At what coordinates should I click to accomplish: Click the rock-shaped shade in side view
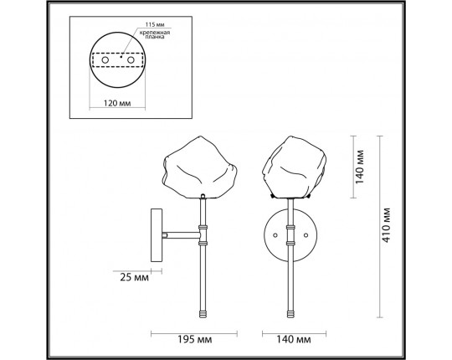(201, 167)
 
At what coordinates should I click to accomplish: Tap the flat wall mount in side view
(155, 235)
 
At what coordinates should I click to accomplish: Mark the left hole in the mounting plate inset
(105, 60)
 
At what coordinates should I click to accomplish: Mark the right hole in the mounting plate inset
(131, 60)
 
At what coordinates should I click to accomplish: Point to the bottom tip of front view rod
(292, 314)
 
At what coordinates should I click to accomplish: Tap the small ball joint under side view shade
(203, 196)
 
